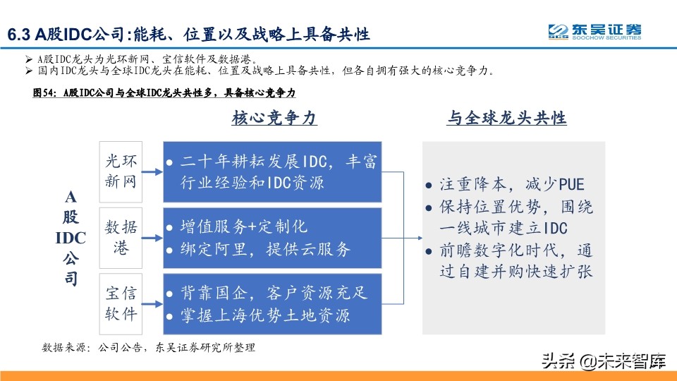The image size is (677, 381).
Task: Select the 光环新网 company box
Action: tap(121, 171)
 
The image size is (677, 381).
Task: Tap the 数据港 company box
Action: tap(121, 238)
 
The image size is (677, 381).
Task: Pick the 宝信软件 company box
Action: tap(121, 303)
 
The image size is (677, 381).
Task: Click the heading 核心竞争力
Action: tap(274, 119)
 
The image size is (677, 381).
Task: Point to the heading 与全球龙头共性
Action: tap(506, 119)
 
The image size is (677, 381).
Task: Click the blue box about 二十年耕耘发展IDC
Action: tap(272, 171)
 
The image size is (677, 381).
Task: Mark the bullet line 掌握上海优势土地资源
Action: tap(264, 315)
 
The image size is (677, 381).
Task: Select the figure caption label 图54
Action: tap(46, 92)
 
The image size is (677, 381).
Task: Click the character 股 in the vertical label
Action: tap(71, 217)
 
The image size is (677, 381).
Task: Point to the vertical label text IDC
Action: tap(71, 237)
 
